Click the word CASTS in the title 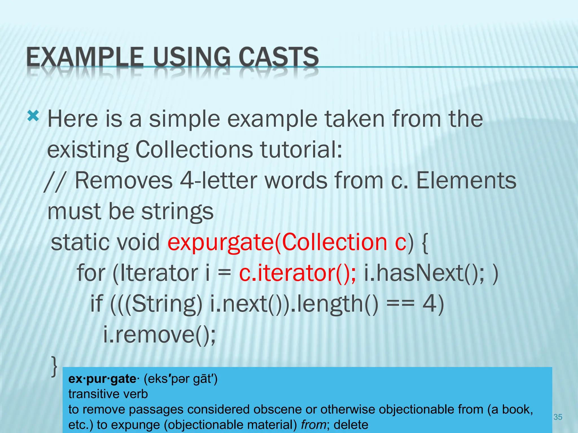[x=279, y=57]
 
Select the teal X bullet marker [x=33, y=116]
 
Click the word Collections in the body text [x=194, y=149]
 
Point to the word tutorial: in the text [x=301, y=149]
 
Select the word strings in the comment [x=177, y=212]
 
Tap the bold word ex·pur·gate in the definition [x=102, y=379]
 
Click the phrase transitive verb [x=108, y=394]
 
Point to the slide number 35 [x=558, y=417]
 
